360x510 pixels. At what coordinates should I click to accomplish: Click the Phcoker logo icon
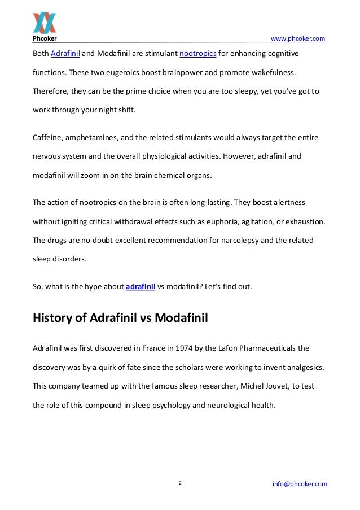coord(43,21)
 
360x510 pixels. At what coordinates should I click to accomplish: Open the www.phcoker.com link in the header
coord(298,38)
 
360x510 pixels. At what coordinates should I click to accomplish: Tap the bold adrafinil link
coord(140,286)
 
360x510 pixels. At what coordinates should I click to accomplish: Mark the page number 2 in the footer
coord(180,483)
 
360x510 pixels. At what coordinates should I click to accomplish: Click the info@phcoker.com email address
coord(299,484)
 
